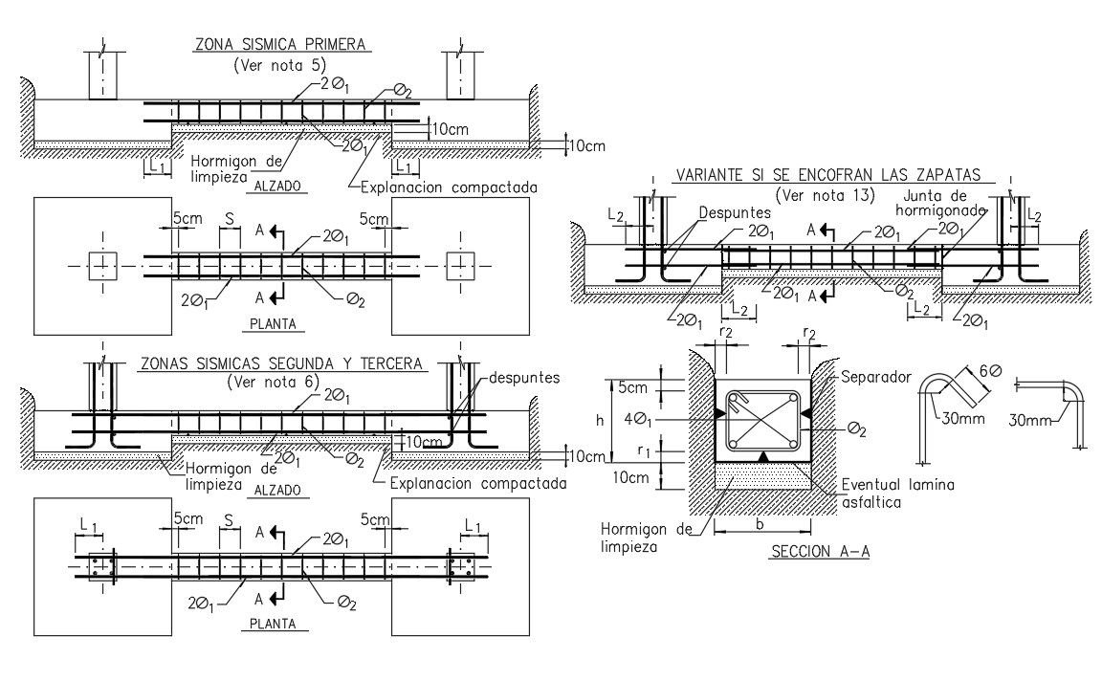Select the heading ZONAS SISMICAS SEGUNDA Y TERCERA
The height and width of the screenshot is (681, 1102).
(x=280, y=363)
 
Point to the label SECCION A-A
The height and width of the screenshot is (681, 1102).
(x=818, y=552)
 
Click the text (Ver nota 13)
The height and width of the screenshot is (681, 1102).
(x=826, y=195)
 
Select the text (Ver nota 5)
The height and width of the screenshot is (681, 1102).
(x=279, y=65)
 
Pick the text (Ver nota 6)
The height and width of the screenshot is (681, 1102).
(x=279, y=383)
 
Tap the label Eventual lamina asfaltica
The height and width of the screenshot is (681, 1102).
(x=897, y=493)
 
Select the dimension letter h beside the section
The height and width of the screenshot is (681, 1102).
(x=598, y=419)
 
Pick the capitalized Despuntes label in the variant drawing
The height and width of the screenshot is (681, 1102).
(x=735, y=211)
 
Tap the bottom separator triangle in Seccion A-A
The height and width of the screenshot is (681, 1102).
(x=762, y=458)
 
